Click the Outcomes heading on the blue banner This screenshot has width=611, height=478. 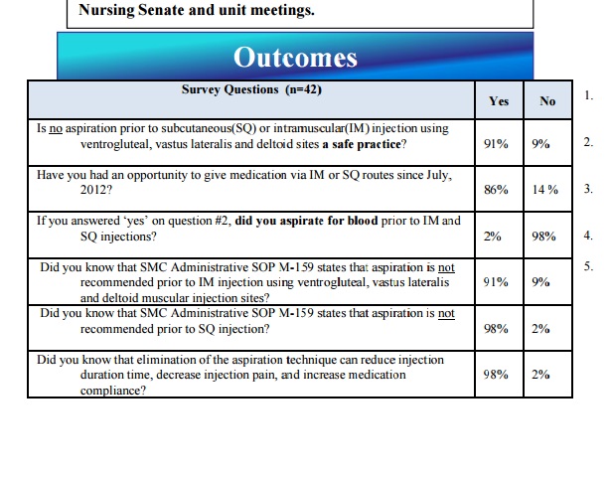tap(295, 58)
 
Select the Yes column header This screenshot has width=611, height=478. tap(499, 101)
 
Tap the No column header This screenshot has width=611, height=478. tap(547, 101)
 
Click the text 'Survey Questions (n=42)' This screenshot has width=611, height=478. tap(251, 89)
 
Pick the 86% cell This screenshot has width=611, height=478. tap(496, 190)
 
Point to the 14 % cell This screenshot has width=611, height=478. tap(545, 190)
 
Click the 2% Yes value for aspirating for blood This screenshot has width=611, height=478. tap(492, 236)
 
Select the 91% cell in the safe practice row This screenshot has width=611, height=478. tap(496, 144)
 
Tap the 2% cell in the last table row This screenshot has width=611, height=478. tap(540, 375)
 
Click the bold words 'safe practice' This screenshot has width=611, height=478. tap(367, 144)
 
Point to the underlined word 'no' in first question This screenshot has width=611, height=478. tap(56, 128)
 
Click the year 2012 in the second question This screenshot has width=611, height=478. tap(93, 190)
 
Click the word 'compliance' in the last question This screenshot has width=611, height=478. tap(110, 391)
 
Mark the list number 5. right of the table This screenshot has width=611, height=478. tap(588, 266)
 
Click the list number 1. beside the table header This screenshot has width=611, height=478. tap(588, 95)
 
